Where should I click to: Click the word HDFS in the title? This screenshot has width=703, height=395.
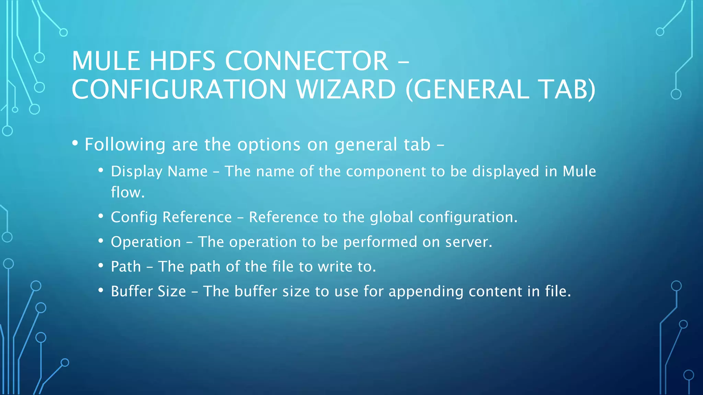coord(182,61)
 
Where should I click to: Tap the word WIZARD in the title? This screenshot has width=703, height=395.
coord(346,89)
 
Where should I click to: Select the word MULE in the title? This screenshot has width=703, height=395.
coord(106,61)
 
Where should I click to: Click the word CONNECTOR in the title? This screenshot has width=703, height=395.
coord(307,61)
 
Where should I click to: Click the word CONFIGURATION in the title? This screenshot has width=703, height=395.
coord(179,89)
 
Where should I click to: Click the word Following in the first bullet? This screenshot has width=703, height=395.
coord(125,145)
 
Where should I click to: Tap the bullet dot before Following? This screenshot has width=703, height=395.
coord(75,143)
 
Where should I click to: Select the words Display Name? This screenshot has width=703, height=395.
coord(159,171)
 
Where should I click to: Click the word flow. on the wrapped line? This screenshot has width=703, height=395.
coord(128,192)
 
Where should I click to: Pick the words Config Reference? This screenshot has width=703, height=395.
coord(171,217)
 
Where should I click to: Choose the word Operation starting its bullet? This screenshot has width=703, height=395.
coord(146,242)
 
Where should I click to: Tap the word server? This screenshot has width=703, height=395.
coord(469,242)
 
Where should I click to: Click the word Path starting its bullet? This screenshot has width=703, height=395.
coord(126,267)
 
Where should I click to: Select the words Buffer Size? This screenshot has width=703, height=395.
coord(148,291)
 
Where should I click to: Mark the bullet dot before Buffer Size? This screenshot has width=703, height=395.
coord(101,290)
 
